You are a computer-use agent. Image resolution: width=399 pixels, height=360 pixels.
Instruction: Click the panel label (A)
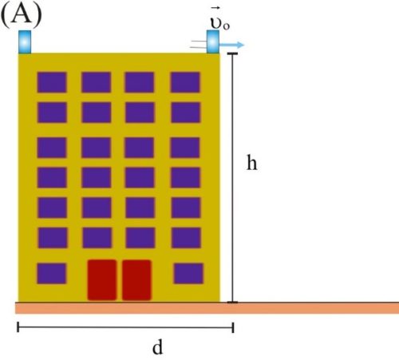coord(22,15)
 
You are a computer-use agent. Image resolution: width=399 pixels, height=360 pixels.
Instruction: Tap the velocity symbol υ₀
coord(219,23)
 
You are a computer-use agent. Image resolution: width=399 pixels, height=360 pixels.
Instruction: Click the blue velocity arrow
coord(231,45)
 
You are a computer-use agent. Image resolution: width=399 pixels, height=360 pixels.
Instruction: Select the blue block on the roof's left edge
coord(25,42)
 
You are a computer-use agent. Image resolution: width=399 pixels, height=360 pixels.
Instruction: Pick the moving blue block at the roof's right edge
coord(213,42)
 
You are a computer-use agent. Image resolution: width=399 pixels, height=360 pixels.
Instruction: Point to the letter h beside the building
coord(252,162)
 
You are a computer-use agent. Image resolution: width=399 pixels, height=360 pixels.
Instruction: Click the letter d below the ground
coord(157,347)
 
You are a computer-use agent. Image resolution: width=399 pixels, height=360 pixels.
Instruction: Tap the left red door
coord(102,280)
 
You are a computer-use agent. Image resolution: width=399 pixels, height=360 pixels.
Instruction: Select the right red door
coord(136,280)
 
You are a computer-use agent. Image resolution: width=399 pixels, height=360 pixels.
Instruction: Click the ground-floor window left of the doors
coord(52,273)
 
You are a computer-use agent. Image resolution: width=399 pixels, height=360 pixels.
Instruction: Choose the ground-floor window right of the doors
coord(188,273)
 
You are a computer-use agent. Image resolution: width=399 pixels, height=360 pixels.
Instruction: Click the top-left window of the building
coord(52,82)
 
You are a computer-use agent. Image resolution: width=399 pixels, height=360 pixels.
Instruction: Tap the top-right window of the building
coord(185,82)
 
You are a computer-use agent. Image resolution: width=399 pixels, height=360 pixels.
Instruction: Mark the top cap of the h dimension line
coord(232,54)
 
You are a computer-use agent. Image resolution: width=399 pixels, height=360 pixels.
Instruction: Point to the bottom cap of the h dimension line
coord(232,303)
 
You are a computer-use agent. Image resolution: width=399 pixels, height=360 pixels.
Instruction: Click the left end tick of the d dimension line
coord(18,327)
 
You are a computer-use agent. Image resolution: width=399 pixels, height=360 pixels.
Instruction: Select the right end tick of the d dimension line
coord(233,327)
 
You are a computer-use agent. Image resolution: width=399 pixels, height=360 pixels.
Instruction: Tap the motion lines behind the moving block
coord(199,45)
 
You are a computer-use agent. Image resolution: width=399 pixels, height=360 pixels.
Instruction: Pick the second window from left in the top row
coord(97,82)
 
